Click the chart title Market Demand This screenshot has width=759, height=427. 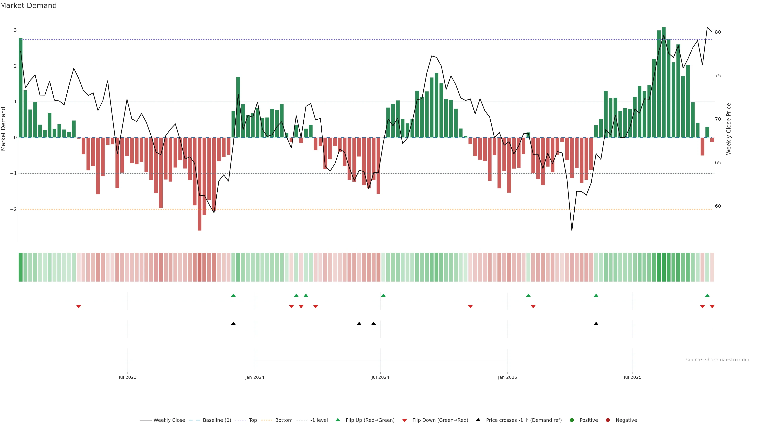pos(28,6)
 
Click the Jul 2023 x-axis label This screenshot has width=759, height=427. pos(127,377)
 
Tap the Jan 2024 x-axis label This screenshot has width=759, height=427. pos(255,377)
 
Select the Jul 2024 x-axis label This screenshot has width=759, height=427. pos(380,377)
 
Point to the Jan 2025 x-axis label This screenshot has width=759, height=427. pos(507,377)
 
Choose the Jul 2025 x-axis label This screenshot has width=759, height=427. pos(632,377)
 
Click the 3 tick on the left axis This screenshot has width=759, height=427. pos(15,30)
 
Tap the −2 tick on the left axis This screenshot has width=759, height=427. pos(14,209)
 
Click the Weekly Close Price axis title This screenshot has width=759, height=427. pos(728,129)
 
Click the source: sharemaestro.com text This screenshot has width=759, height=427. pos(717,360)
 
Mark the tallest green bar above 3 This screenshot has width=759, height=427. pos(664,82)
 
